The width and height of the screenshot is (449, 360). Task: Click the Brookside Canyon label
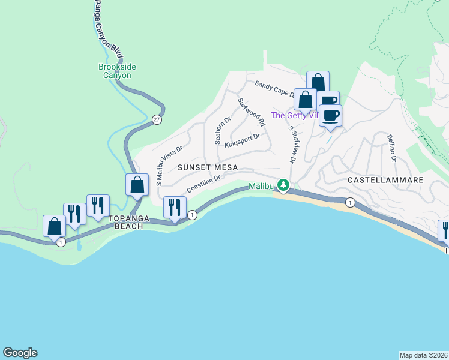(115, 71)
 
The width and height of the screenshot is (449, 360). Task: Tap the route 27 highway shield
(156, 119)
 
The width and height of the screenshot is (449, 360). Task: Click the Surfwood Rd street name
(252, 112)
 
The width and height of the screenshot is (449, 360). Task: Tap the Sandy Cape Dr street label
(274, 89)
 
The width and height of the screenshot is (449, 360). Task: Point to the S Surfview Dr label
(292, 145)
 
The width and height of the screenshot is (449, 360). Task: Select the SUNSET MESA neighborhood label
(207, 167)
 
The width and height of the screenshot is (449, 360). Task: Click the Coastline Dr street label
(205, 184)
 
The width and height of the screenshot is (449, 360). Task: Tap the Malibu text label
(261, 187)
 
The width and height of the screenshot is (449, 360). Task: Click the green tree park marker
(283, 185)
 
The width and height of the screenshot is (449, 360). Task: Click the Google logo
(20, 353)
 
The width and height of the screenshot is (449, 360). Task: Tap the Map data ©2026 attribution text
(423, 355)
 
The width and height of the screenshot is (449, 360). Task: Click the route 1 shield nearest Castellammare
(350, 203)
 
